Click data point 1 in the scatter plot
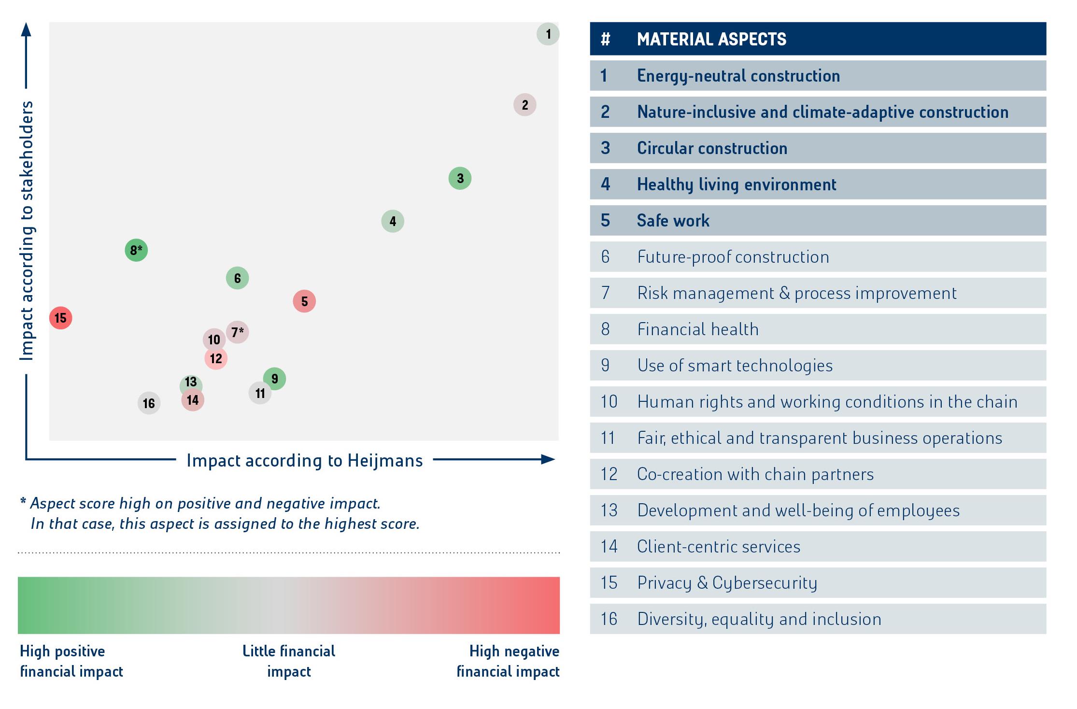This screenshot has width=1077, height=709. point(548,34)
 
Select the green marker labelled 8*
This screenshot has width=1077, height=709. point(136,250)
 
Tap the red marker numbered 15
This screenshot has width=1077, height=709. point(61,318)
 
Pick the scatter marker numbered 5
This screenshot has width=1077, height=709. point(304,301)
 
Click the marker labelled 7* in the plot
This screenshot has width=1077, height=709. point(237,332)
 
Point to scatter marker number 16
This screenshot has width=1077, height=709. point(149,403)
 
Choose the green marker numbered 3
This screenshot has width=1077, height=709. point(460,179)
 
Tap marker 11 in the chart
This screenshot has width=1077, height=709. point(260,393)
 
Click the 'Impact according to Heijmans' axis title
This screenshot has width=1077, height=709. point(304,461)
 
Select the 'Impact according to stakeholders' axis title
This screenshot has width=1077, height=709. point(27,230)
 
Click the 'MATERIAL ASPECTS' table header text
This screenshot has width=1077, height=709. point(711,39)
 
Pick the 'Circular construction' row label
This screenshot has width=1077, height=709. point(712,148)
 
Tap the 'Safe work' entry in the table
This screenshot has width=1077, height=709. point(673,221)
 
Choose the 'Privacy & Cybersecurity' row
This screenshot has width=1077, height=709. point(727,583)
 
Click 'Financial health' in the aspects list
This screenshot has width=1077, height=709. point(698,329)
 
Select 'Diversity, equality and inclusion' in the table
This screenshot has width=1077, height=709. point(759,619)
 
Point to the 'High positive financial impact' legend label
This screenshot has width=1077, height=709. point(71,661)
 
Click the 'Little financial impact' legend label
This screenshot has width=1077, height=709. point(289,661)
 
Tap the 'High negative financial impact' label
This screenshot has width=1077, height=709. point(508,661)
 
